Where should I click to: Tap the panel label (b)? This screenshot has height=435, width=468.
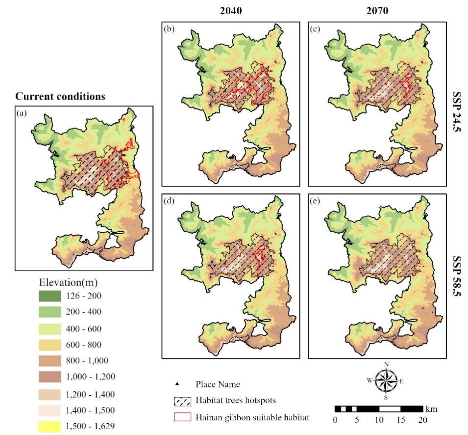(170, 28)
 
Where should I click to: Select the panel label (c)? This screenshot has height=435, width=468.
(315, 28)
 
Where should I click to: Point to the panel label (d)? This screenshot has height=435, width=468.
(170, 200)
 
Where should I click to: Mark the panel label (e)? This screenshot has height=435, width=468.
(315, 200)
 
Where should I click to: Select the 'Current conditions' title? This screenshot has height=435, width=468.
(60, 96)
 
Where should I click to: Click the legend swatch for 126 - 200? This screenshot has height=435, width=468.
(49, 296)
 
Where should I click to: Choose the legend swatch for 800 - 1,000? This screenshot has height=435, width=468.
(49, 361)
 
